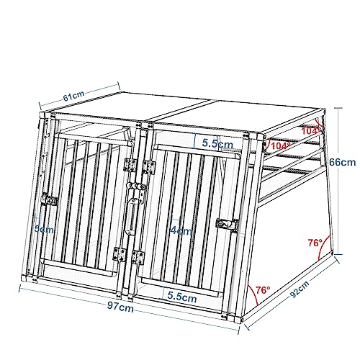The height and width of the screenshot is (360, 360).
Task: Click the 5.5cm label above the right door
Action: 217,144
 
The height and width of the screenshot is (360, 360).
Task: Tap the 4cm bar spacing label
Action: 181,232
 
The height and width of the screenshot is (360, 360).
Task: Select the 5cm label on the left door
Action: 45,230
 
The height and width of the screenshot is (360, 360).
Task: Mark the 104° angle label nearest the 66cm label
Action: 312,130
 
